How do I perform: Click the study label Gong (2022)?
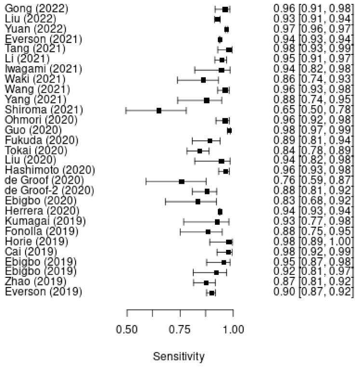click(36, 9)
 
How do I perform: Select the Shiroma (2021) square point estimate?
click(159, 110)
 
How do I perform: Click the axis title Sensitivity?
click(178, 357)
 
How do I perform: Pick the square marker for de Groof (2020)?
click(182, 181)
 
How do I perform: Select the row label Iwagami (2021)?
click(43, 70)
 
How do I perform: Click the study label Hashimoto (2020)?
click(50, 171)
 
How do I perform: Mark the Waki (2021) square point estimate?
click(203, 80)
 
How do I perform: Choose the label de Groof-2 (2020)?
click(51, 191)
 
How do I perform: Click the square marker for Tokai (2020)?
click(200, 151)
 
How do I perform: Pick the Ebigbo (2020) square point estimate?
click(198, 201)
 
